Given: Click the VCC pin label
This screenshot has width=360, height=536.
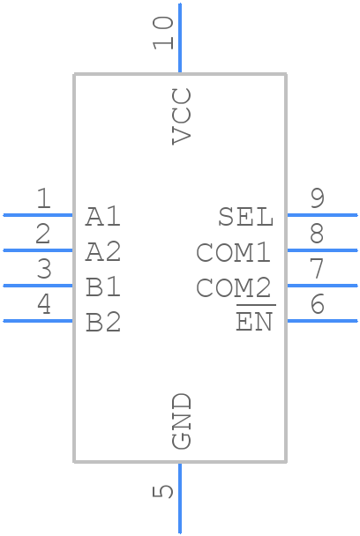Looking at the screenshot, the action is coord(181,116).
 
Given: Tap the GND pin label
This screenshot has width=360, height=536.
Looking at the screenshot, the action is coord(181,421).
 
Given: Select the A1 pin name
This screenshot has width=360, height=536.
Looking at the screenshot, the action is coord(103,217).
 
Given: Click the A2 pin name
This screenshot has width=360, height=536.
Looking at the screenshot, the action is coord(103,252).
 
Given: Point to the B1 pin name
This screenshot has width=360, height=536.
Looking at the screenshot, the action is coord(103,287).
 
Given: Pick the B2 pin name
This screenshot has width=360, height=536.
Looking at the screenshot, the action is coord(103,323).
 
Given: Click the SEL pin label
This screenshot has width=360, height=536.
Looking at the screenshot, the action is coord(245,217).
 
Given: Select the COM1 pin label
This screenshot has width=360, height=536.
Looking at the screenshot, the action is coord(234,252).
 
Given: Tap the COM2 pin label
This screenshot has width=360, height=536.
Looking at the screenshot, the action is coord(234,287).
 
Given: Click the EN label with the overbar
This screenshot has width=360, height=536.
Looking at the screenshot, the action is coord(255,320).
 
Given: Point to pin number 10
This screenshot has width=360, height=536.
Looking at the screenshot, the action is coord(163,33).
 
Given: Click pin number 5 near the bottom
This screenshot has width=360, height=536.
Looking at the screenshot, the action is coord(163,491).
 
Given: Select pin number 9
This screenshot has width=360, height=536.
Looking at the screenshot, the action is coord(318,198).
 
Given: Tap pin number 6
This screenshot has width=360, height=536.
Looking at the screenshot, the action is coord(318,304).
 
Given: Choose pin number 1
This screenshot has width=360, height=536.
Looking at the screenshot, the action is coord(43,198).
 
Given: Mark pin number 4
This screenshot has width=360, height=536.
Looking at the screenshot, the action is coord(44,304).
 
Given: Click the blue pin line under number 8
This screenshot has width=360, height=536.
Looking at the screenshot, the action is coord(322,250).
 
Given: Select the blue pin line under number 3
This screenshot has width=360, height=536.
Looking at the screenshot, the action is coord(38,286).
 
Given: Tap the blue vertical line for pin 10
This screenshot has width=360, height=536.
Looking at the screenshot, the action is coord(180,38).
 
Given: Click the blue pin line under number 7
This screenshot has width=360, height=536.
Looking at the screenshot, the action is coord(322,286).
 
